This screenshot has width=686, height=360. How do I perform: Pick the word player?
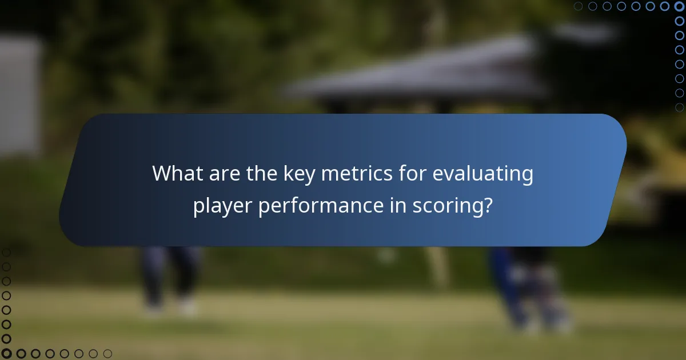223,206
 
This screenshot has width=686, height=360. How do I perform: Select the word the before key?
262,174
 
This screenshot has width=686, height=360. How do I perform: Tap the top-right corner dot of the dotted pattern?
679,6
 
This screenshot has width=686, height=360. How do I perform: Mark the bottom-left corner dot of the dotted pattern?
6,354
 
